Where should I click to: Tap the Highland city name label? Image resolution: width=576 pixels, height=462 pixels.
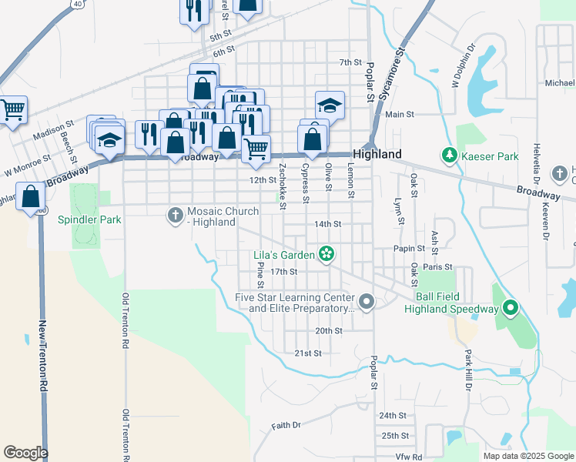[377, 154]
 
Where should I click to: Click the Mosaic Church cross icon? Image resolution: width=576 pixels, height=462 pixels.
[176, 216]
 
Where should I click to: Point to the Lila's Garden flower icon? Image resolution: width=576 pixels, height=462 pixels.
[327, 254]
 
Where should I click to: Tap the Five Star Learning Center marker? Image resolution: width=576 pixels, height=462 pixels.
[367, 302]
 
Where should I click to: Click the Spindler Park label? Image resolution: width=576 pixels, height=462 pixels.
[89, 219]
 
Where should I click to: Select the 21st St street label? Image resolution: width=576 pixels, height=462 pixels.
[307, 353]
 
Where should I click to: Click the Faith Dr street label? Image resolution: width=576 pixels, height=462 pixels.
[286, 425]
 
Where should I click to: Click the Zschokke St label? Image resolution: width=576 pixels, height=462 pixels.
[283, 186]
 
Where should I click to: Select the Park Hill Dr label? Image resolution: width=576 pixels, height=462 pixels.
[467, 370]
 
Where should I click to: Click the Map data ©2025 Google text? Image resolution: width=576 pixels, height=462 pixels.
[527, 456]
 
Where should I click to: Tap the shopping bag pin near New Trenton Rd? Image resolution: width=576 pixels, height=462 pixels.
[31, 196]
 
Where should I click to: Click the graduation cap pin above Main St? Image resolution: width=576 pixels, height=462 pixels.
[330, 105]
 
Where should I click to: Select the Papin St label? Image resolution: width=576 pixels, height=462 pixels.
[410, 249]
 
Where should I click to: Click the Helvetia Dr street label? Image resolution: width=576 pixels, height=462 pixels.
[536, 166]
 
